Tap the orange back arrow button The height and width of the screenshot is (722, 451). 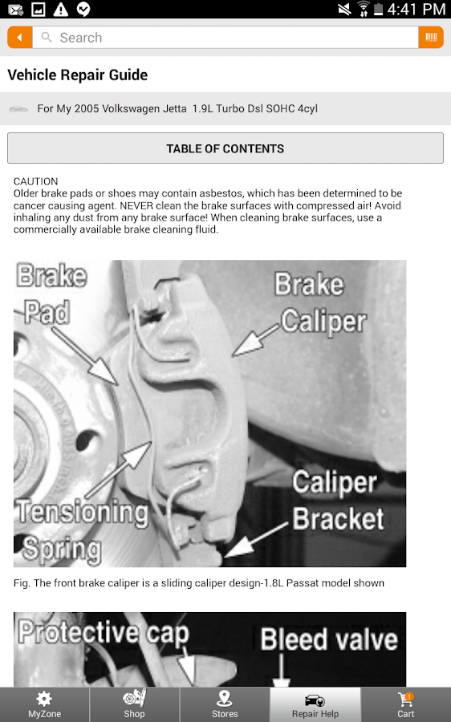(20, 38)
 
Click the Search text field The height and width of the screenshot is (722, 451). (225, 38)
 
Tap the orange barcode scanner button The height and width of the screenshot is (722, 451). (431, 38)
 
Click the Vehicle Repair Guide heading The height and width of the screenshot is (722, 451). (78, 75)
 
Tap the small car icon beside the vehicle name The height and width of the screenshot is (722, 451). (18, 108)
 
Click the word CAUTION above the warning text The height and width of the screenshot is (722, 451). (36, 182)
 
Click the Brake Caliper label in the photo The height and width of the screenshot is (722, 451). (320, 302)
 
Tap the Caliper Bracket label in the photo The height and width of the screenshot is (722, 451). (337, 501)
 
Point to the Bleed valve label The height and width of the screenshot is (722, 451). (329, 639)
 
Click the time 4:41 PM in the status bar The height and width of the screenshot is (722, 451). (416, 10)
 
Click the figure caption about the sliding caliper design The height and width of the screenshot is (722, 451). (199, 583)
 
